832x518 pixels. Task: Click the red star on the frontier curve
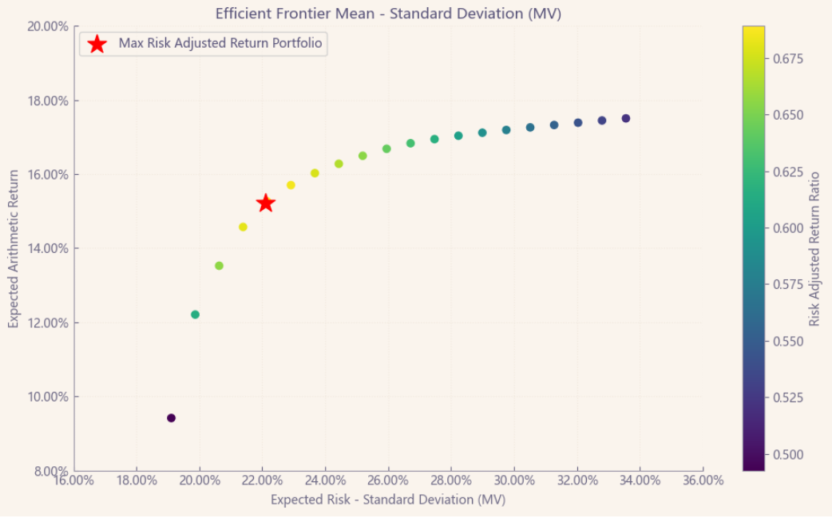click(266, 204)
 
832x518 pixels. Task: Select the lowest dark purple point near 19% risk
click(171, 418)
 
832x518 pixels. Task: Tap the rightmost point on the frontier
click(626, 118)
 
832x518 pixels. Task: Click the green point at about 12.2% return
click(195, 314)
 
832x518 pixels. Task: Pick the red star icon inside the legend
click(97, 44)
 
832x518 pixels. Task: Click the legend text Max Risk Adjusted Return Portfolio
click(220, 43)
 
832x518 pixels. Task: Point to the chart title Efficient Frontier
click(388, 13)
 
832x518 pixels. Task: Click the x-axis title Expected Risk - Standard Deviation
click(388, 500)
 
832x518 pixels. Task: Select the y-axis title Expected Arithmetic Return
click(14, 248)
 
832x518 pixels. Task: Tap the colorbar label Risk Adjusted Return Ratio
click(814, 248)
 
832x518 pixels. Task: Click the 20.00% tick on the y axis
click(48, 26)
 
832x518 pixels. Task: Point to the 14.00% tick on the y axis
click(48, 248)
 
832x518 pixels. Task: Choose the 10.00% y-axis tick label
click(48, 397)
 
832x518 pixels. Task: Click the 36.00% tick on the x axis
click(703, 480)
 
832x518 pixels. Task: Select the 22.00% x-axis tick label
click(263, 480)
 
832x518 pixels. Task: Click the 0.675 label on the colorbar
click(787, 59)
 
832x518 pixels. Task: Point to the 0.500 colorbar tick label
click(787, 455)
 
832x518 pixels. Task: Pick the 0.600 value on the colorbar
click(787, 228)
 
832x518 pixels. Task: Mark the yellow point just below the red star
click(243, 227)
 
